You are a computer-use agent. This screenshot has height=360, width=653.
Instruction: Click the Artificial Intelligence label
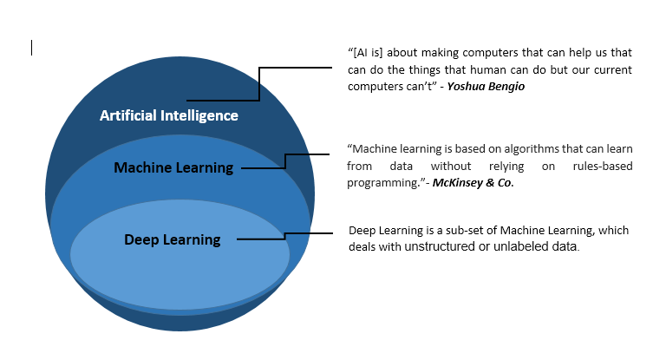tap(168, 115)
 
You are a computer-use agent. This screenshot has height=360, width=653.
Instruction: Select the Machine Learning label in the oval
tap(173, 167)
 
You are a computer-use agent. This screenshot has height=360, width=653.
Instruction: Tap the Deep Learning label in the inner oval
tap(173, 239)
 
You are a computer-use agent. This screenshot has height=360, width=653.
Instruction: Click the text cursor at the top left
tap(32, 48)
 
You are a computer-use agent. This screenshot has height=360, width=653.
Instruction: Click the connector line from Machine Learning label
tap(286, 160)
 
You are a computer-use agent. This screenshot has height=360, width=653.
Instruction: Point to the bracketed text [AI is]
tap(365, 54)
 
